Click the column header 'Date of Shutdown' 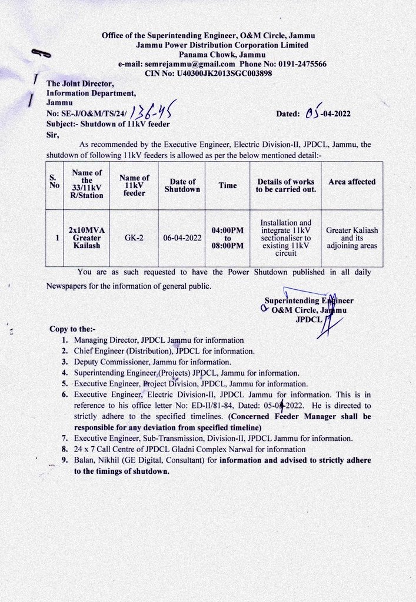click(x=182, y=186)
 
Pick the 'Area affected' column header click(x=352, y=182)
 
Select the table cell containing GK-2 click(x=134, y=238)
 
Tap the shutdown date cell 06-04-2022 click(x=182, y=238)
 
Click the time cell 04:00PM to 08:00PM click(x=228, y=238)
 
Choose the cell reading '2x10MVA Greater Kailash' click(x=86, y=238)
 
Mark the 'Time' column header click(x=228, y=186)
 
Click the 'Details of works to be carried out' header click(x=285, y=186)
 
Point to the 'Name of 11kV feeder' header click(x=134, y=186)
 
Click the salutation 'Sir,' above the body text click(x=54, y=134)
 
